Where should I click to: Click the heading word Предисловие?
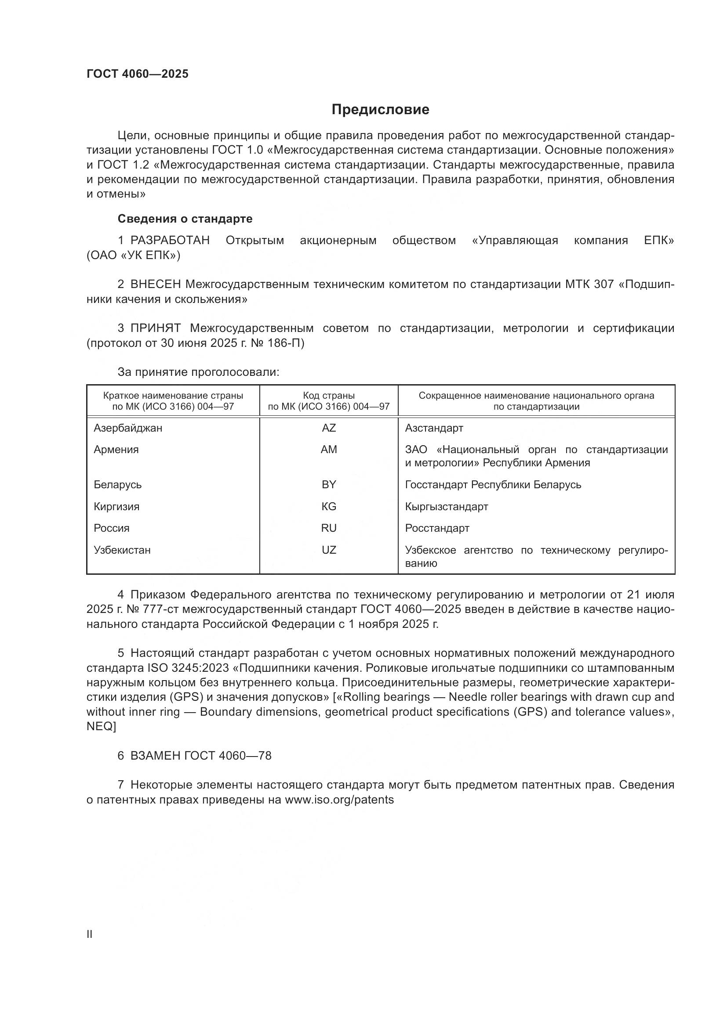coord(380,110)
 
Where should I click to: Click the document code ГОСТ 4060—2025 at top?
coord(138,74)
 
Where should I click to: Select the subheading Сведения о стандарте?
coord(185,219)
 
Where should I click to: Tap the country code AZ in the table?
coord(329,428)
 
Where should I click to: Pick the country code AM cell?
coord(329,450)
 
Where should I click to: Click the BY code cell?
coord(329,484)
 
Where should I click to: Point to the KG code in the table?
coord(329,506)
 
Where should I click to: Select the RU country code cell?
coord(329,528)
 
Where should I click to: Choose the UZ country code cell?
coord(329,550)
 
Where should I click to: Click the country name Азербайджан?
coord(128,428)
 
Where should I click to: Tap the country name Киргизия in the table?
coord(116,506)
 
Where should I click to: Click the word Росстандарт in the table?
coord(437,528)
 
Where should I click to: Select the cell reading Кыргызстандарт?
coord(446,506)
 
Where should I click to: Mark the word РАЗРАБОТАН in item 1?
coord(170,241)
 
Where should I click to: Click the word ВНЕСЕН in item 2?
coord(156,285)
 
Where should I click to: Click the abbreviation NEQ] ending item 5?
coord(101,726)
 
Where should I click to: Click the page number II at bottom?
coord(90,934)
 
